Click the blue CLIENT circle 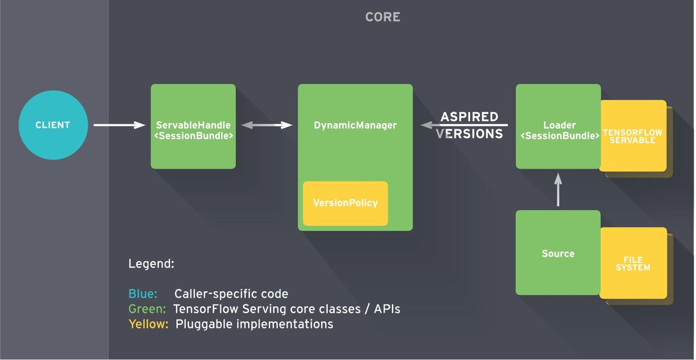click(53, 125)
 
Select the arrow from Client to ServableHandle click(119, 125)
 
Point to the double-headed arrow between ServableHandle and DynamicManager click(266, 125)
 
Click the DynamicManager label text click(355, 125)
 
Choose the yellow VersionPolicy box click(345, 203)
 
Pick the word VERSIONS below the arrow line click(469, 134)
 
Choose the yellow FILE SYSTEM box click(633, 263)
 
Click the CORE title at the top click(383, 17)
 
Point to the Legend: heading click(151, 264)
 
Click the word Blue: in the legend click(143, 294)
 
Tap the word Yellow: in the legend click(148, 324)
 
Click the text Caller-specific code click(231, 294)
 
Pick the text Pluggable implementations click(254, 324)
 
